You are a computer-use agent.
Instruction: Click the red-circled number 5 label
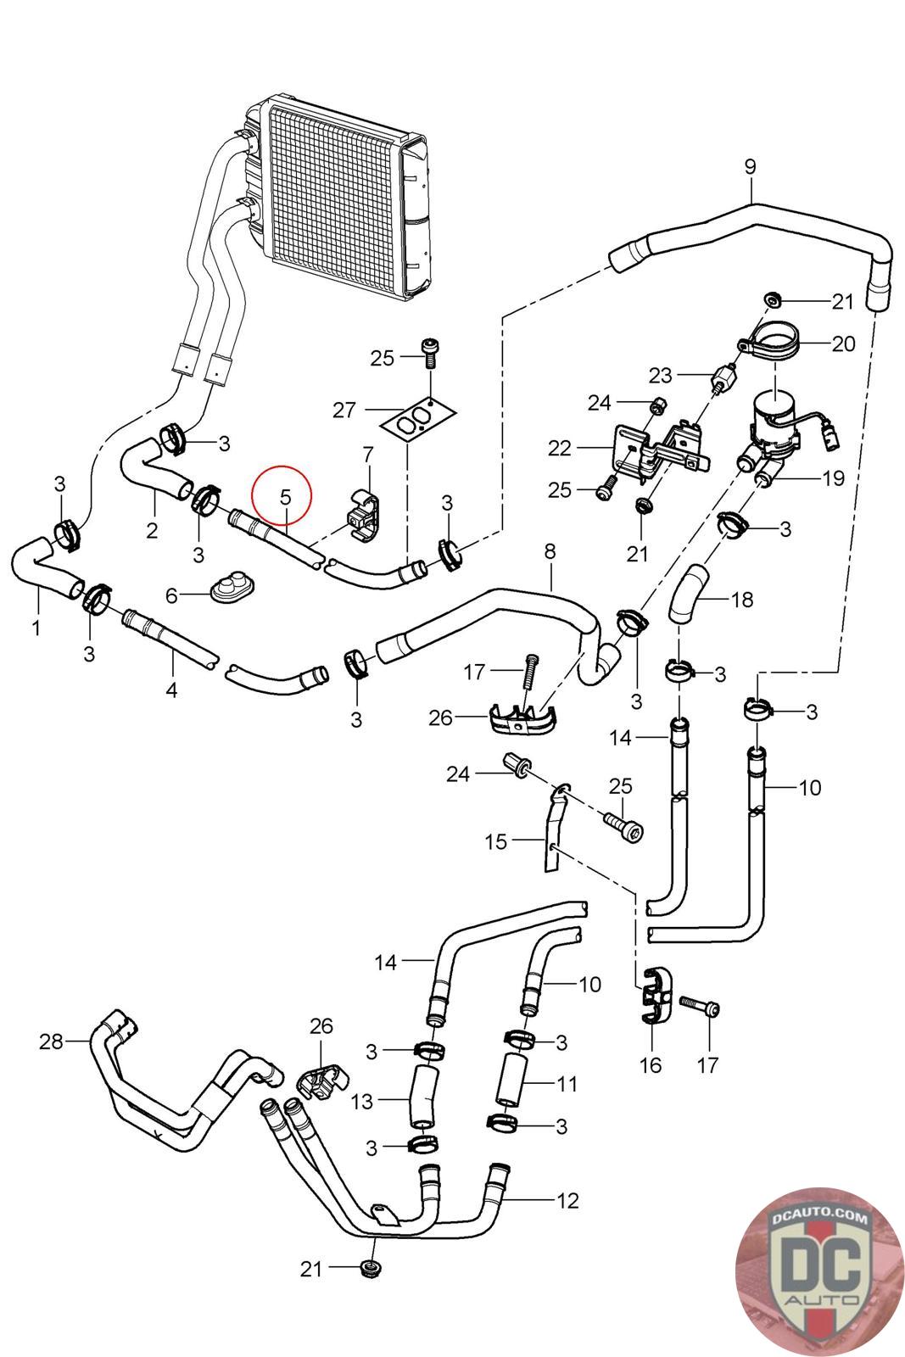(x=285, y=495)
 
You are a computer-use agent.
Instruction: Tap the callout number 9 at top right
(x=750, y=166)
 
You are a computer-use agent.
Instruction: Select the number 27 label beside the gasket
(x=344, y=411)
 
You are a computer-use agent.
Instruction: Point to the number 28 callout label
(x=51, y=1041)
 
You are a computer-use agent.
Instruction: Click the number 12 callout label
(x=567, y=1200)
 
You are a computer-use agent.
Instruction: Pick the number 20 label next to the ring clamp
(x=844, y=343)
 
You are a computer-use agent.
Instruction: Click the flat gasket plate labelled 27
(x=417, y=422)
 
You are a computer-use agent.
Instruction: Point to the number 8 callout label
(x=550, y=552)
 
